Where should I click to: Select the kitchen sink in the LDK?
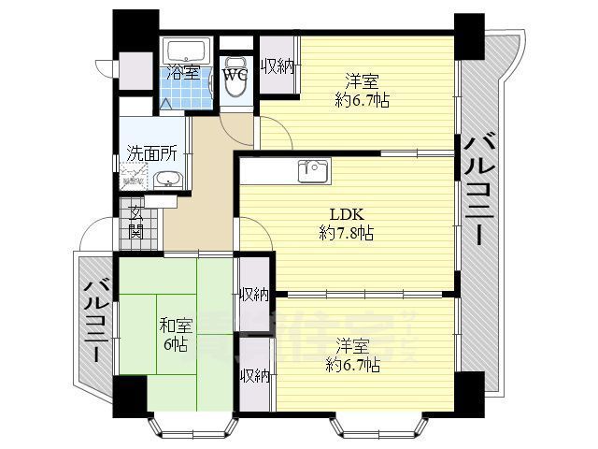312,171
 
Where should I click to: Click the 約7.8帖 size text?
346,234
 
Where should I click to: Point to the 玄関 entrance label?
135,221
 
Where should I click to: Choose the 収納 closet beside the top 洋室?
278,66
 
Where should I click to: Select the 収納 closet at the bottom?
255,376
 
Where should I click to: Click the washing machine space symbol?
134,179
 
